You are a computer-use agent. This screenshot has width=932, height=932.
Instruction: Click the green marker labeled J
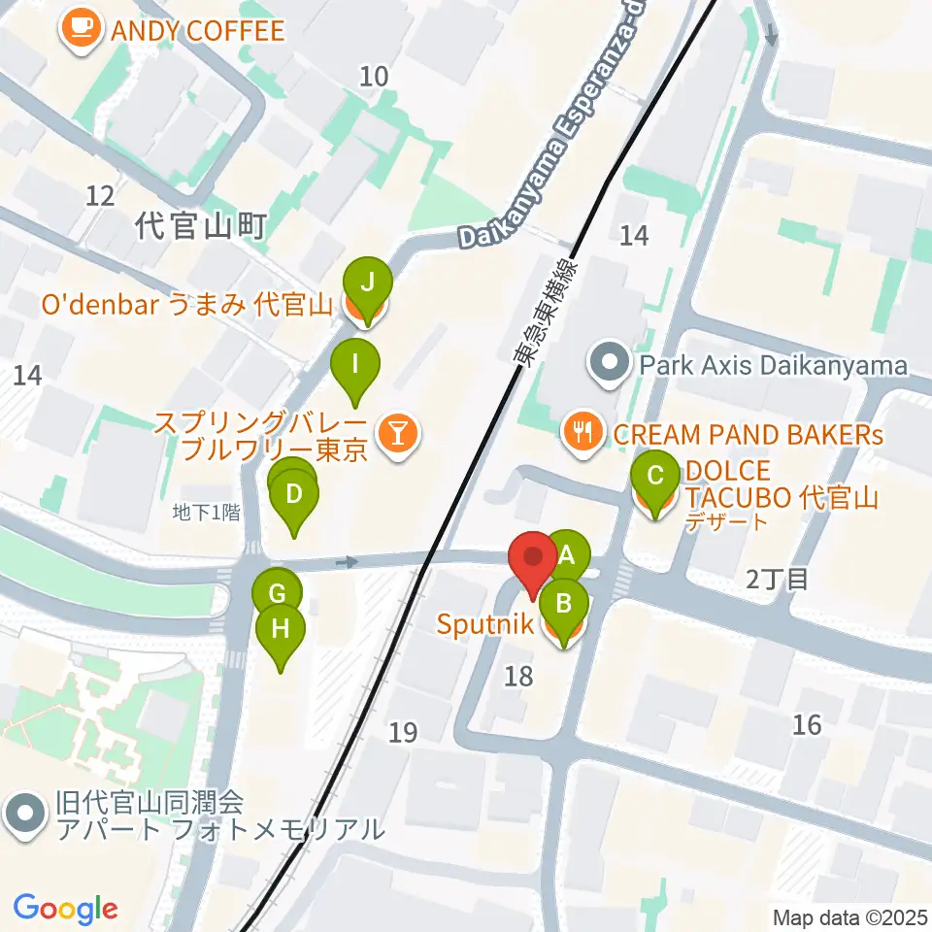pyautogui.click(x=367, y=283)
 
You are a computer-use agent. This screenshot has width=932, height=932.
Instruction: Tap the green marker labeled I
pyautogui.click(x=355, y=365)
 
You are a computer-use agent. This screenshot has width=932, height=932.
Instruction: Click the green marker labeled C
pyautogui.click(x=655, y=477)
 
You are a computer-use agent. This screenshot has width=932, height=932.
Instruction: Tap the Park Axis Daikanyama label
pyautogui.click(x=772, y=366)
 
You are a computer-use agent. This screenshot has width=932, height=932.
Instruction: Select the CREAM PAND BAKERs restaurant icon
pyautogui.click(x=582, y=433)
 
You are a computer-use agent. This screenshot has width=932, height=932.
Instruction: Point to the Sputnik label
pyautogui.click(x=483, y=624)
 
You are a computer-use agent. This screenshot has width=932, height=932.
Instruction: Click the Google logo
pyautogui.click(x=64, y=909)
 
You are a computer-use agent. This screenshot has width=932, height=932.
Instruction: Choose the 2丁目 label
pyautogui.click(x=776, y=580)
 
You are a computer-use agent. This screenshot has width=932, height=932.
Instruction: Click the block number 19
pyautogui.click(x=403, y=733)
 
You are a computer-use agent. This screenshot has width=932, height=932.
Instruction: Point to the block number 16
pyautogui.click(x=806, y=723)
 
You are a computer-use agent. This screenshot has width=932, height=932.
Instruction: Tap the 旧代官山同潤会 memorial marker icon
pyautogui.click(x=25, y=816)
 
